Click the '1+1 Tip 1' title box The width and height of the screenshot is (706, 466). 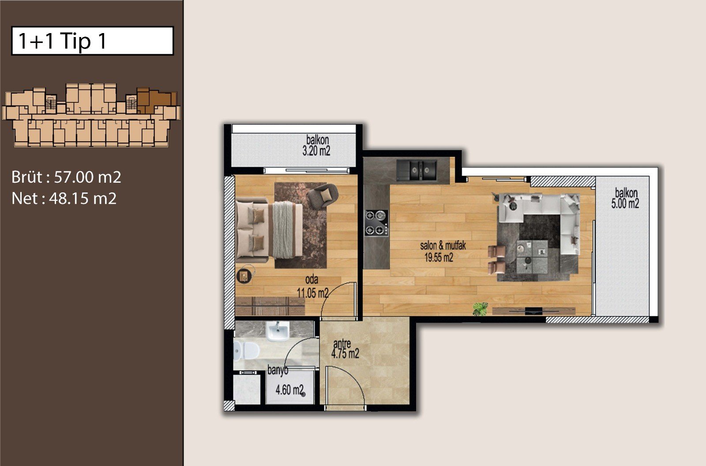coord(92,41)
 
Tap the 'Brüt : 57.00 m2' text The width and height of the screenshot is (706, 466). coord(66,177)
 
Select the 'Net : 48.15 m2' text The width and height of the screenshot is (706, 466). coord(64,198)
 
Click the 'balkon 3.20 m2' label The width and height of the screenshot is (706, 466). coord(317,146)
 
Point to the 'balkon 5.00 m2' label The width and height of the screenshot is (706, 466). coord(626,198)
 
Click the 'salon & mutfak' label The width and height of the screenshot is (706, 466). coord(443,246)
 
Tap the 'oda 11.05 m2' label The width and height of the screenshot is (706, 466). coord(312,286)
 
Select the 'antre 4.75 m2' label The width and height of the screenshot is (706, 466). coord(345,349)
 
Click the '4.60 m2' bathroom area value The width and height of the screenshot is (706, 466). coord(289,390)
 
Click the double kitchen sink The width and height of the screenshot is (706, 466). coord(417,171)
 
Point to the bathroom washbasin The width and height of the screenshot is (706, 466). coord(278,331)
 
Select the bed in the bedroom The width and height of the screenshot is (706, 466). coord(269,230)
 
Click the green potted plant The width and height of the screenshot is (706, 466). coord(481,308)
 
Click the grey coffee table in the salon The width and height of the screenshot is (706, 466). coord(532,257)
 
